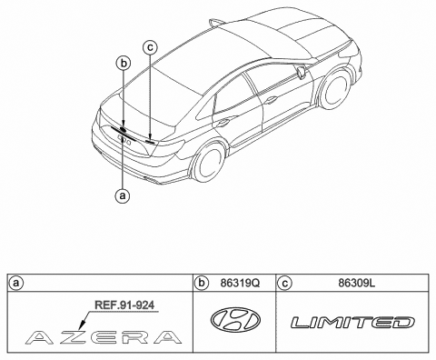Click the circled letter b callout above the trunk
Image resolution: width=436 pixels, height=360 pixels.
[x=124, y=63]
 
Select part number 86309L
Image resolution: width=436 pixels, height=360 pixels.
[x=352, y=284]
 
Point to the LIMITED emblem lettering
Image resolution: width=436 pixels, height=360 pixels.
[x=352, y=322]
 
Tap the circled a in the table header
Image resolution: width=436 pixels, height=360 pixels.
[x=15, y=284]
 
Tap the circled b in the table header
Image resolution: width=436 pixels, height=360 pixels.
[x=203, y=284]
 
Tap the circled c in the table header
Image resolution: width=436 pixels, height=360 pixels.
[x=285, y=284]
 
